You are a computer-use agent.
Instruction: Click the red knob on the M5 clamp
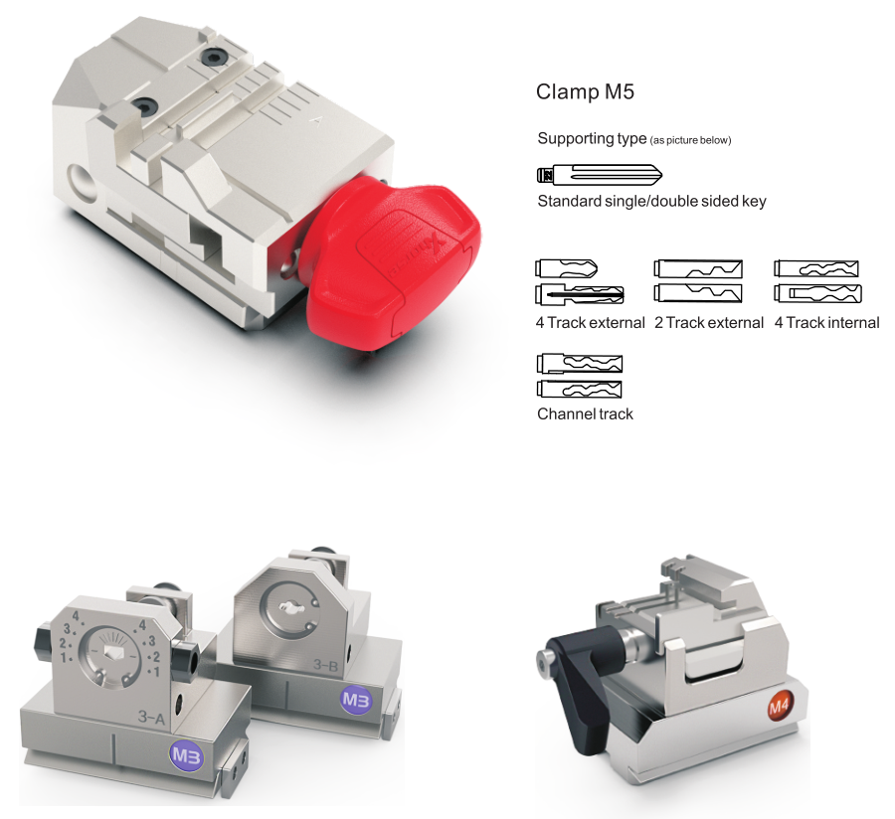click(x=394, y=262)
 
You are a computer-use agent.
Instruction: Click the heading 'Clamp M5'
click(x=585, y=91)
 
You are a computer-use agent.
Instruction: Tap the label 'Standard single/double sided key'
click(x=651, y=201)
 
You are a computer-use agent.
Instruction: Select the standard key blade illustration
click(x=600, y=175)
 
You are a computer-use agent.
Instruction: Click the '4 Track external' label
click(x=590, y=323)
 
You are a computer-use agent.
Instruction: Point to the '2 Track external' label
click(x=709, y=323)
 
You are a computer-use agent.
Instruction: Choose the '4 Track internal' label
click(x=827, y=323)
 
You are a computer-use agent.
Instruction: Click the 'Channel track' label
click(x=585, y=414)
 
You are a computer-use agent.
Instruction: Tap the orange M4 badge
click(x=779, y=708)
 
